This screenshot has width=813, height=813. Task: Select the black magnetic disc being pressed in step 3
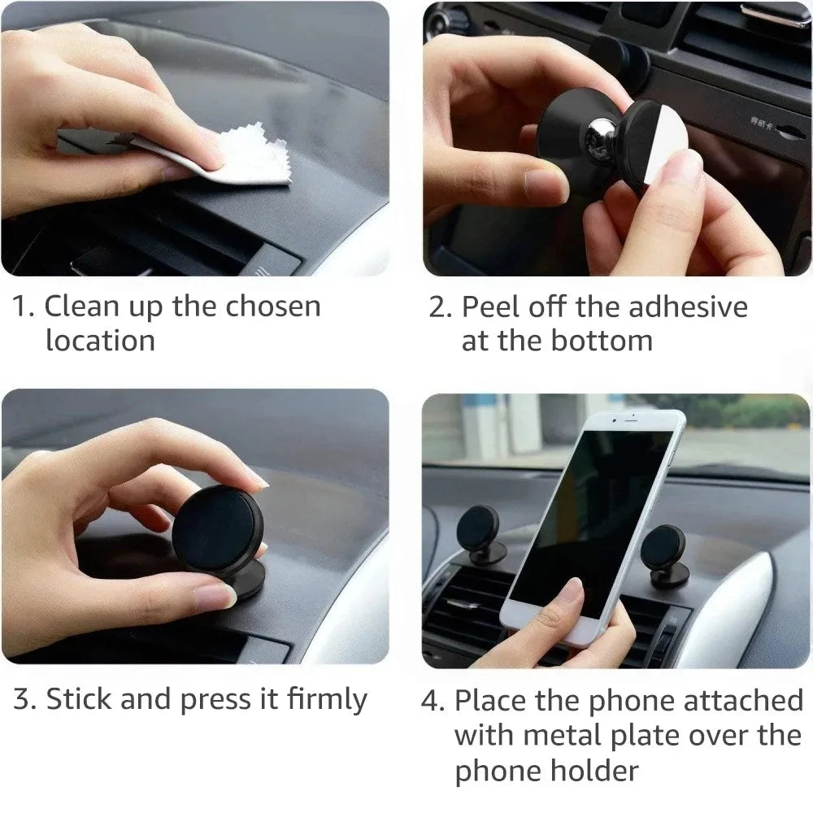coord(216,528)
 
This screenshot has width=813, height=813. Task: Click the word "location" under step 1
coord(100,340)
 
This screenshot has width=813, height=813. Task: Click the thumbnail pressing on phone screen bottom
coord(574,593)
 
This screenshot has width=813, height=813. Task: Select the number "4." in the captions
coord(433,701)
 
